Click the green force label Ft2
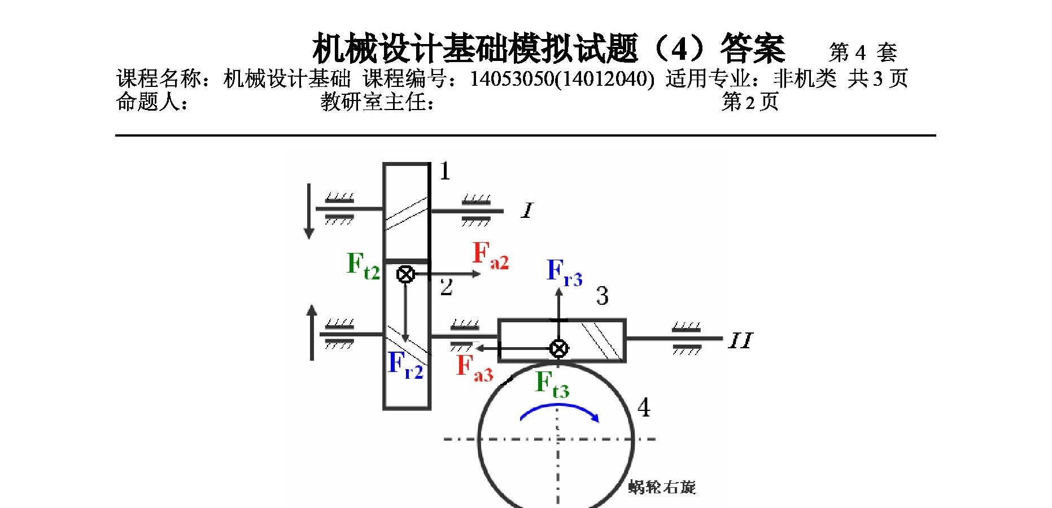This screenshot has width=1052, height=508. (363, 265)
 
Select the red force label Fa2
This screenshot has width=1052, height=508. (490, 255)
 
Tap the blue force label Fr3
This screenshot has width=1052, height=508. (564, 273)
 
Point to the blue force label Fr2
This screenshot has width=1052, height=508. (405, 364)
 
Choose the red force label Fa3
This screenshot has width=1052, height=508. (474, 367)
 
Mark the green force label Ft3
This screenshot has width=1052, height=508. (552, 384)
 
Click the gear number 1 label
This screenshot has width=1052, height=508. (445, 171)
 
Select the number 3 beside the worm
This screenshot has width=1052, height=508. (602, 296)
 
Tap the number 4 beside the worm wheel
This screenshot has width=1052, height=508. (643, 407)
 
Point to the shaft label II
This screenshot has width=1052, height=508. (740, 340)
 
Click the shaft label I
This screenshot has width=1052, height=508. (527, 211)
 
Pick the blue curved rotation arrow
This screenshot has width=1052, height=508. (558, 413)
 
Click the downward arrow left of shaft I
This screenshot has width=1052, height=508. (309, 211)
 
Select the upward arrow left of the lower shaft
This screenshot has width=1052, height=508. (312, 332)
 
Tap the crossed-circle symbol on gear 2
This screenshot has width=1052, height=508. (405, 274)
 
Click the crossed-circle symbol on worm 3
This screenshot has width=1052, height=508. (558, 348)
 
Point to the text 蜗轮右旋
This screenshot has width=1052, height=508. (662, 487)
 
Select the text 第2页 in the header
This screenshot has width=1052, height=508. (750, 102)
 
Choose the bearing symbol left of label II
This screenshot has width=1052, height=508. (687, 339)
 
